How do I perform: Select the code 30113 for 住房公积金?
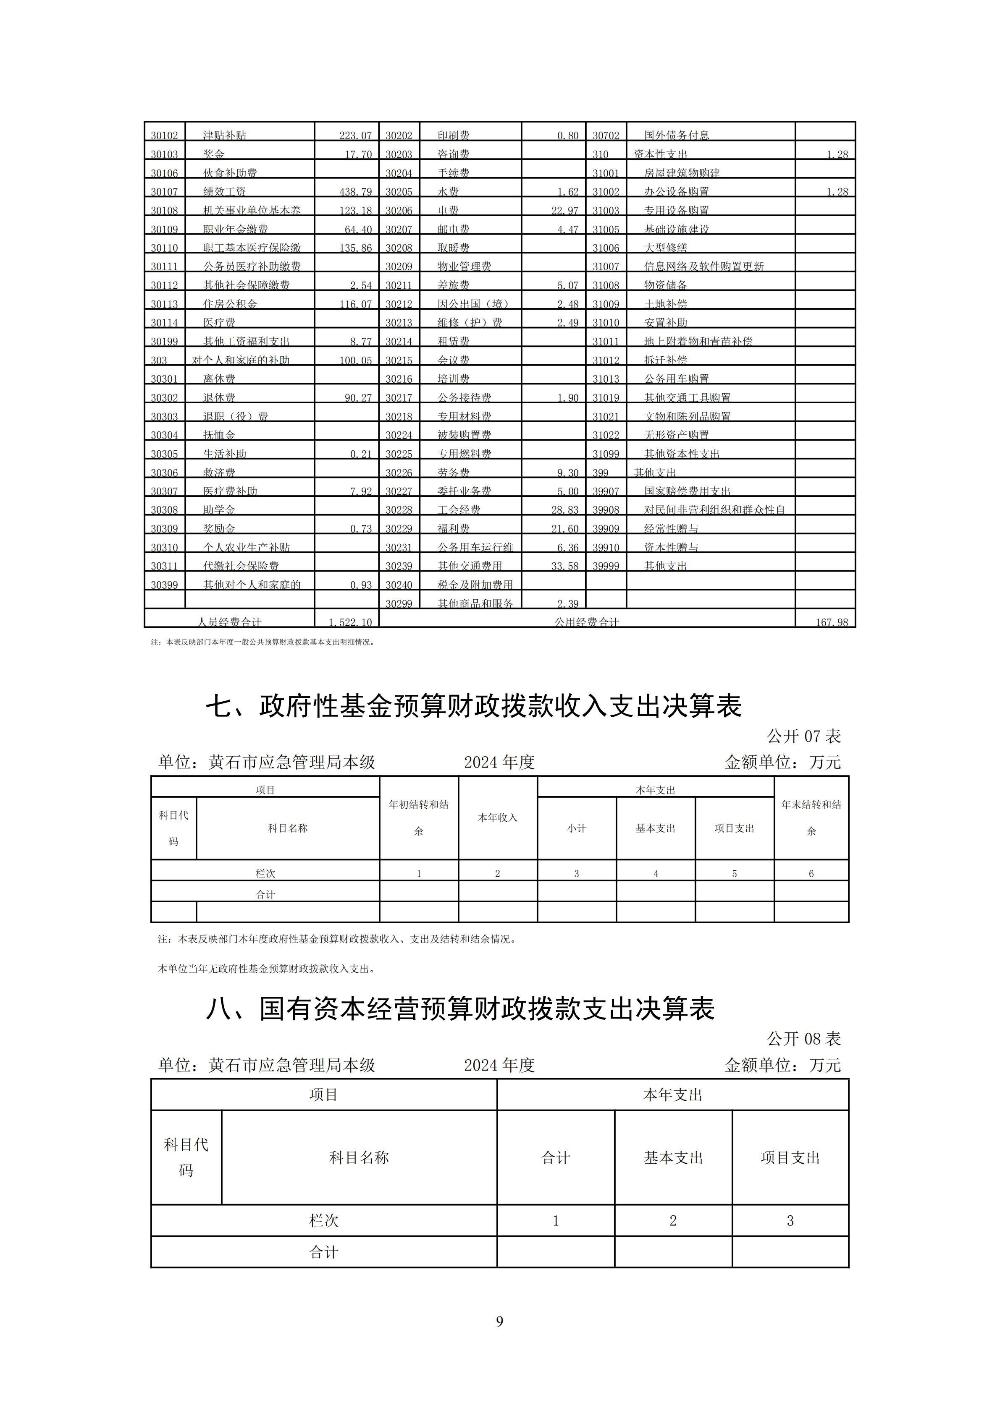click(164, 304)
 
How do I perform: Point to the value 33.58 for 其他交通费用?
click(564, 566)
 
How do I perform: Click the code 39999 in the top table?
click(606, 566)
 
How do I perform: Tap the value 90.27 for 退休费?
click(358, 397)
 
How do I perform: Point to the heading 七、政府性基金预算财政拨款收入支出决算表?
click(473, 706)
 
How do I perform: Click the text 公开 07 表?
click(803, 736)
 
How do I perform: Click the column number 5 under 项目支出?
click(734, 873)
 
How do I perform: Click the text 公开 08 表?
click(803, 1039)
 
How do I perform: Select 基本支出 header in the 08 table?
click(673, 1157)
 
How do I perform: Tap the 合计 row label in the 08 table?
click(324, 1252)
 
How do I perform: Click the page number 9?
click(499, 1321)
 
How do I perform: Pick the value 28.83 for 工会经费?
click(564, 509)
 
